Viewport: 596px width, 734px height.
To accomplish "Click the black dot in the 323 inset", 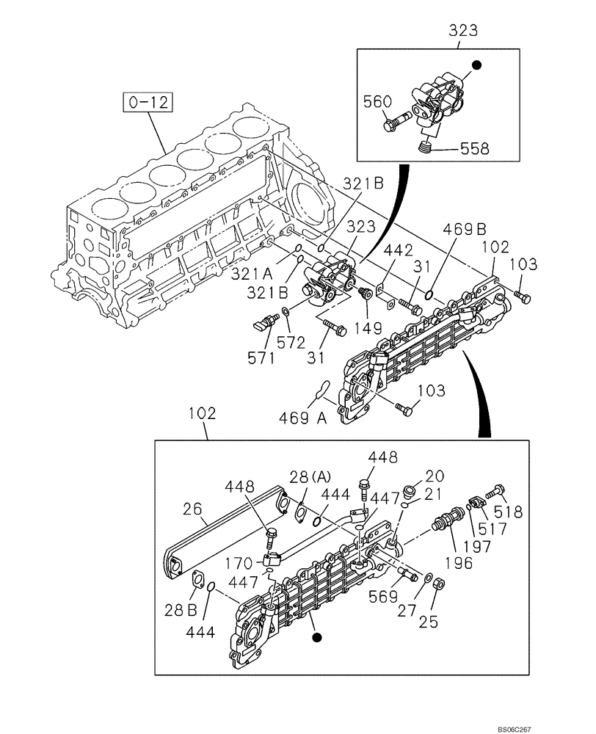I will [476, 65].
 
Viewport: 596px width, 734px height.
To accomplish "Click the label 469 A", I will [302, 418].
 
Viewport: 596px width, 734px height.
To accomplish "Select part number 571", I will [261, 357].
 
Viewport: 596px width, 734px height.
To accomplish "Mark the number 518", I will [509, 512].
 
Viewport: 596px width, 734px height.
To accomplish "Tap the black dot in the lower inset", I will [316, 639].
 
